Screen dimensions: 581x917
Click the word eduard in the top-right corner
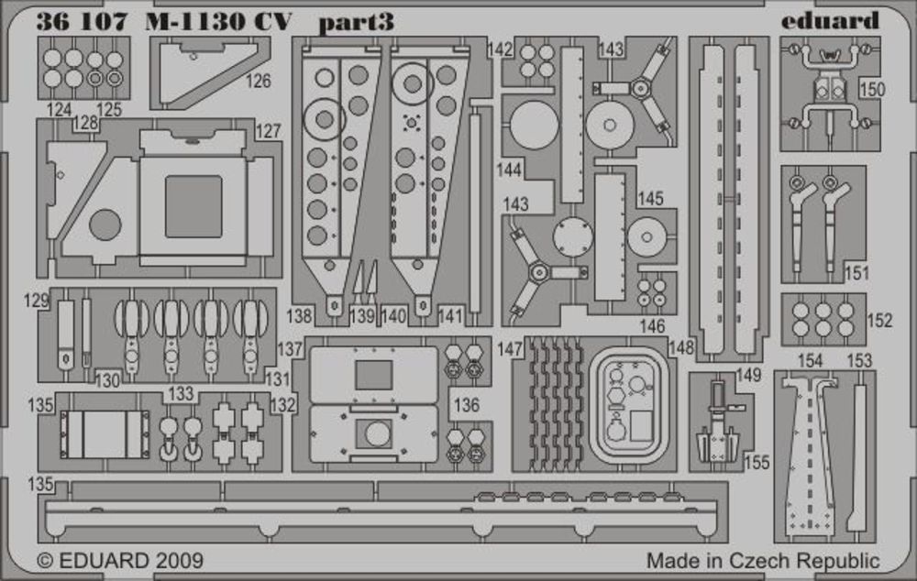tap(831, 20)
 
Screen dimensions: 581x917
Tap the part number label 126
tap(259, 82)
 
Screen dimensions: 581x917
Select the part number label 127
tap(268, 131)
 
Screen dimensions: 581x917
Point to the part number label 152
tap(879, 321)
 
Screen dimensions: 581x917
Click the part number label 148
tap(682, 348)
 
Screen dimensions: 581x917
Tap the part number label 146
tap(653, 325)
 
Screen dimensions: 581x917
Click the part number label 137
tap(290, 348)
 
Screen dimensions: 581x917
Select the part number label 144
tap(511, 170)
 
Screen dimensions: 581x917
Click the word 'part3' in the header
tap(356, 22)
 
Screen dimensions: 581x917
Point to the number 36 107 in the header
tap(81, 22)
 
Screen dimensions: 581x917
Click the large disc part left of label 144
tap(534, 125)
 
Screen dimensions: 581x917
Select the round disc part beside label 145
tap(646, 237)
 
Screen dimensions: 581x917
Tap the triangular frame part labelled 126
tap(194, 76)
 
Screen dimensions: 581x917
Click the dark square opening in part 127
tap(193, 206)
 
